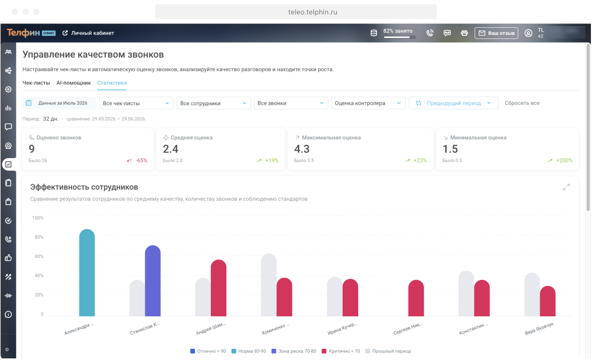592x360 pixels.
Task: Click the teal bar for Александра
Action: (87, 272)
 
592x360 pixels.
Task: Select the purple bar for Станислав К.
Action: (153, 280)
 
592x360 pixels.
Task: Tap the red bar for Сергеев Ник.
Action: (416, 298)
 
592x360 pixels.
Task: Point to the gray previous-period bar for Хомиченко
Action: (269, 285)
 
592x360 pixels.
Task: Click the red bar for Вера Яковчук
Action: (548, 301)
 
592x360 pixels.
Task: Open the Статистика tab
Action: (112, 83)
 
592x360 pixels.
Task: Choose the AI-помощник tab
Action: (74, 83)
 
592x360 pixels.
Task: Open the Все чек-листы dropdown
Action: (136, 103)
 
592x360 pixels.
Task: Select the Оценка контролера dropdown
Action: (368, 103)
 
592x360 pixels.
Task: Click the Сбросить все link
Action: (522, 103)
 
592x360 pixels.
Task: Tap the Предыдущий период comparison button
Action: (453, 103)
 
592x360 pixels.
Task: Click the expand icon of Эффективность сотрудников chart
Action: (566, 187)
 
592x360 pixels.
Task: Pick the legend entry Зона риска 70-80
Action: (294, 351)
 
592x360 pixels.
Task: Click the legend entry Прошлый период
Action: (388, 351)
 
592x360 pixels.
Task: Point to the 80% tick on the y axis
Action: (39, 237)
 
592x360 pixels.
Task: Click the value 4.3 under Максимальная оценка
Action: (302, 149)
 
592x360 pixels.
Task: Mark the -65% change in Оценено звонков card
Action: (141, 161)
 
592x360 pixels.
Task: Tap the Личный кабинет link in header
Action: (88, 33)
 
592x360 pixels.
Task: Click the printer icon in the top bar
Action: (464, 33)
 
